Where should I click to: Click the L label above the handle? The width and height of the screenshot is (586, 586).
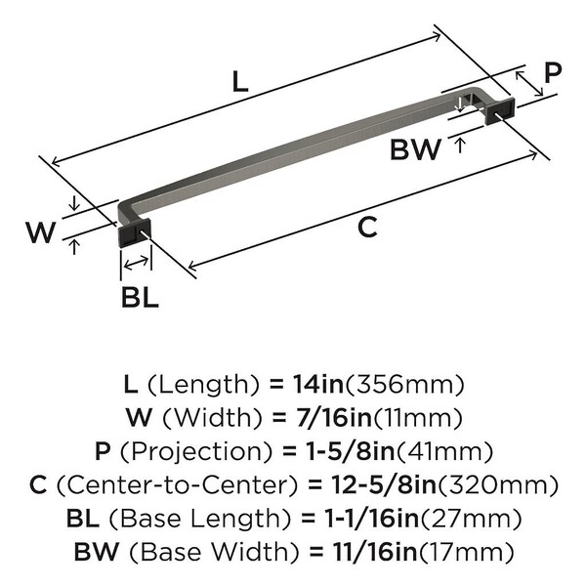click(240, 82)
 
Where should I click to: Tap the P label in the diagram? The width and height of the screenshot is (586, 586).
click(553, 73)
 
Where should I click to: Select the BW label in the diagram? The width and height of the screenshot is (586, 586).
click(415, 149)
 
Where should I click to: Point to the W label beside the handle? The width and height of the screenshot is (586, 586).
click(41, 231)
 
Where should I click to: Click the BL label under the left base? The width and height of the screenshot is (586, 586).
click(140, 298)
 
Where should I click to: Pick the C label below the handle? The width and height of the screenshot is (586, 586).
click(367, 228)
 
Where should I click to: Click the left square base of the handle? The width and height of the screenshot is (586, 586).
click(135, 231)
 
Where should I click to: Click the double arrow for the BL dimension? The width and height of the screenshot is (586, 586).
click(136, 263)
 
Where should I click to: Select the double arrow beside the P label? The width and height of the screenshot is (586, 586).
click(529, 83)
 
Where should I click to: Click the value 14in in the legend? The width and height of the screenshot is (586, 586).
click(318, 385)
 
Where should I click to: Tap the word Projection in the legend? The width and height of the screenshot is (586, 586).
click(196, 452)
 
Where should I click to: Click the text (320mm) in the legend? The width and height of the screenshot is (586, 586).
click(498, 484)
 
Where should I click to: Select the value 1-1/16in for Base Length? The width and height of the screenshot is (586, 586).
click(372, 518)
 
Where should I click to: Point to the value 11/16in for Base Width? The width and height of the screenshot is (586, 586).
click(374, 551)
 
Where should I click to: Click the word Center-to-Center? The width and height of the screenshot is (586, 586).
click(177, 484)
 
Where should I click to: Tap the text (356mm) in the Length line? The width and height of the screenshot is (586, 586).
click(404, 385)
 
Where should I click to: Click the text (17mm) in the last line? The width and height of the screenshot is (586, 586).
click(466, 552)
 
